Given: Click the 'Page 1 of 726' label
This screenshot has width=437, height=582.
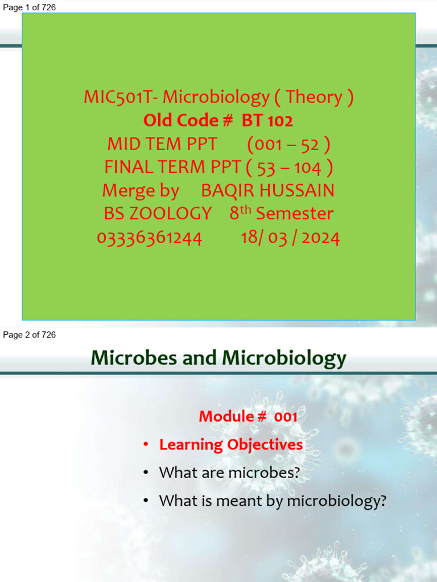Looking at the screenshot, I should point(30,7).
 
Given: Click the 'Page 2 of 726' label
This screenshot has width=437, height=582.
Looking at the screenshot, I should point(30,335).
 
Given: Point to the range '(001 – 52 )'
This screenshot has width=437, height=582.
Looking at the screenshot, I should point(288,144).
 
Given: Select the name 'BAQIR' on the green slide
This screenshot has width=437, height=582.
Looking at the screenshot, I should point(228,190).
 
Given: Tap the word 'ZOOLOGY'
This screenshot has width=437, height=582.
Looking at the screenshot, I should point(158,214).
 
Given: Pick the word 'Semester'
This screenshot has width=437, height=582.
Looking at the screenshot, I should point(295,214).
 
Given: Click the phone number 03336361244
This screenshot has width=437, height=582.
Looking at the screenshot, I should point(150,238).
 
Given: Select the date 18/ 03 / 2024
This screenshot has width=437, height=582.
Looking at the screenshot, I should point(290,238).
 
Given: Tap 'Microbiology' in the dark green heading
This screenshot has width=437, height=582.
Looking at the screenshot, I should point(284,359).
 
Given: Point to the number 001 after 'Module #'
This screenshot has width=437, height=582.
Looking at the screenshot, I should point(286,417).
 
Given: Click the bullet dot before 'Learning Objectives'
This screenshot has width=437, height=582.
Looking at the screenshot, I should point(146,445).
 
